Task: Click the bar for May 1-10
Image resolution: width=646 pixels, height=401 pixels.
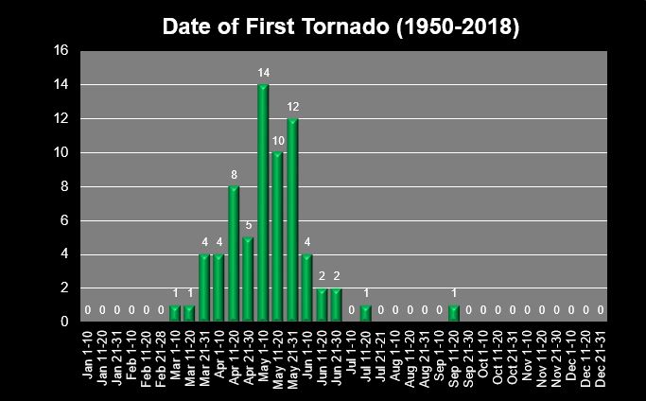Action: coord(263,203)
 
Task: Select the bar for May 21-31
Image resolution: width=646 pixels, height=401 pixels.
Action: coord(292,220)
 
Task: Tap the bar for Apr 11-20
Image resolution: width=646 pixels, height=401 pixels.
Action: coord(234,254)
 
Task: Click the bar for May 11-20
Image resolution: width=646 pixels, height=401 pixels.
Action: coord(278,237)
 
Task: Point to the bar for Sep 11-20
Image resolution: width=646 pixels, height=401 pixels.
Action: coord(454,314)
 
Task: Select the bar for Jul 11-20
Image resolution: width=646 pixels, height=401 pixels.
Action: coord(366,314)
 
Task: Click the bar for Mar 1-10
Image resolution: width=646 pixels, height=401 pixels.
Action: coord(175,314)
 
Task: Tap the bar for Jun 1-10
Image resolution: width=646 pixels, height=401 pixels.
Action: coord(307,288)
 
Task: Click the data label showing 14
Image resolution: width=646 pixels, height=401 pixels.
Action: coord(263,72)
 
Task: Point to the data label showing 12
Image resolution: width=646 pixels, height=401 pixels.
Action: coord(292,106)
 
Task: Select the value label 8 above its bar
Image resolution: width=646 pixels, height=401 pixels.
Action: coord(234,174)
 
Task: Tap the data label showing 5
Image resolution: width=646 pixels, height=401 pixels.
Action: coord(248,225)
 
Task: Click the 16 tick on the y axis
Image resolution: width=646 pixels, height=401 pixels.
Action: coord(61,51)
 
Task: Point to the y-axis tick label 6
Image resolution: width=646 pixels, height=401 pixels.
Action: coord(64,220)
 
